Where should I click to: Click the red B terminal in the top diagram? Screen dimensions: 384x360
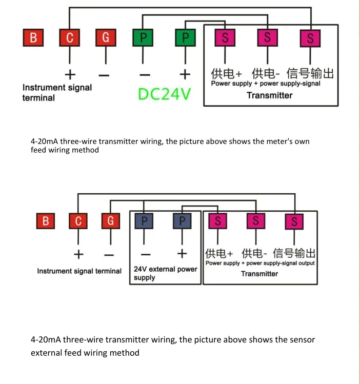(x=33, y=38)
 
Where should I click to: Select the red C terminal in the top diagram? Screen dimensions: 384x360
(x=70, y=38)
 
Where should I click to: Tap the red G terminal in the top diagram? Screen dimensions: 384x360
(x=106, y=38)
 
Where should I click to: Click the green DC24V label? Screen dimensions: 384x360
(x=164, y=94)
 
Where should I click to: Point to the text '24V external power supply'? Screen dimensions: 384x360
(x=165, y=273)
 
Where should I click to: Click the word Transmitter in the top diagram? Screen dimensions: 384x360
(x=269, y=95)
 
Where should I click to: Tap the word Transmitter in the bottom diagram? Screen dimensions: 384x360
(x=259, y=274)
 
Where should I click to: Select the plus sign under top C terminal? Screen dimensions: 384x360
(x=70, y=75)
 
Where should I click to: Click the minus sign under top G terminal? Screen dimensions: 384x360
(x=104, y=75)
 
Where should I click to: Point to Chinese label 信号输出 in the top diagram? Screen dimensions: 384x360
(x=310, y=73)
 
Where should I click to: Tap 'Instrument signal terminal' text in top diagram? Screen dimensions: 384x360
(x=57, y=92)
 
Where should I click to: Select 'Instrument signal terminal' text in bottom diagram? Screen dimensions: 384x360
(x=79, y=271)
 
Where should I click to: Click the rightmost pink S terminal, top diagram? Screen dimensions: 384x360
(x=310, y=38)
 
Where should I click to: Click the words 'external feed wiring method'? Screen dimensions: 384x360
(x=85, y=353)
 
